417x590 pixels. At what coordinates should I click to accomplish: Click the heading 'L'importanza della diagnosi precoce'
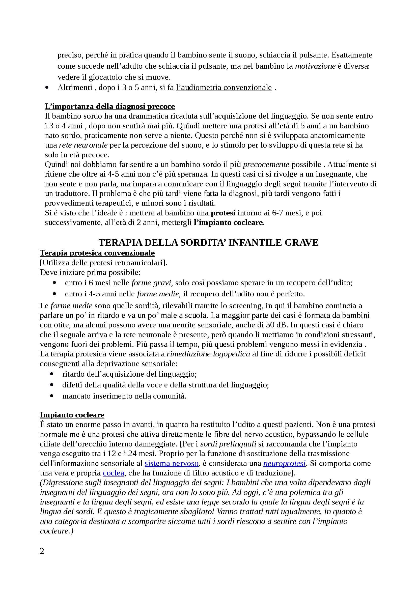(110, 106)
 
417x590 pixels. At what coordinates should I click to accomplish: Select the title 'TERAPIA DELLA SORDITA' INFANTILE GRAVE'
(208, 243)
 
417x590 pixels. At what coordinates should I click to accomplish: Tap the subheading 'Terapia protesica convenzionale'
(97, 253)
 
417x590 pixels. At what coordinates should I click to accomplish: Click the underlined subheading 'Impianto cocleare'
(72, 415)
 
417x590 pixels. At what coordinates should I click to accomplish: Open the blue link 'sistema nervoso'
(172, 463)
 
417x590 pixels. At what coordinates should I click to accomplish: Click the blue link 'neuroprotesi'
(284, 463)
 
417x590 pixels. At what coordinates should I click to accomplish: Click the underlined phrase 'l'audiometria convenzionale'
(224, 87)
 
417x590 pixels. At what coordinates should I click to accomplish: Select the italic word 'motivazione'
(315, 66)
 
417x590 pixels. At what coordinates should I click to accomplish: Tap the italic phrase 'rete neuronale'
(83, 145)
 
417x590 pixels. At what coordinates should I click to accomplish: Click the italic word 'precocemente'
(266, 164)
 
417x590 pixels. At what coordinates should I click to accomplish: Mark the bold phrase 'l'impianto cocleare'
(228, 222)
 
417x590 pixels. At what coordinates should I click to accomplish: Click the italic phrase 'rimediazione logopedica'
(208, 354)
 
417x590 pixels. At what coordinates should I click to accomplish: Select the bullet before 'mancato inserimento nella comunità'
(52, 396)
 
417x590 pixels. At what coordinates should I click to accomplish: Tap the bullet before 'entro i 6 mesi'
(54, 283)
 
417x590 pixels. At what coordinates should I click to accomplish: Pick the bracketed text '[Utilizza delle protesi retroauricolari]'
(103, 263)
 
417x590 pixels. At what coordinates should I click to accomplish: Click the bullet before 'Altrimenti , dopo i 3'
(47, 88)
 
